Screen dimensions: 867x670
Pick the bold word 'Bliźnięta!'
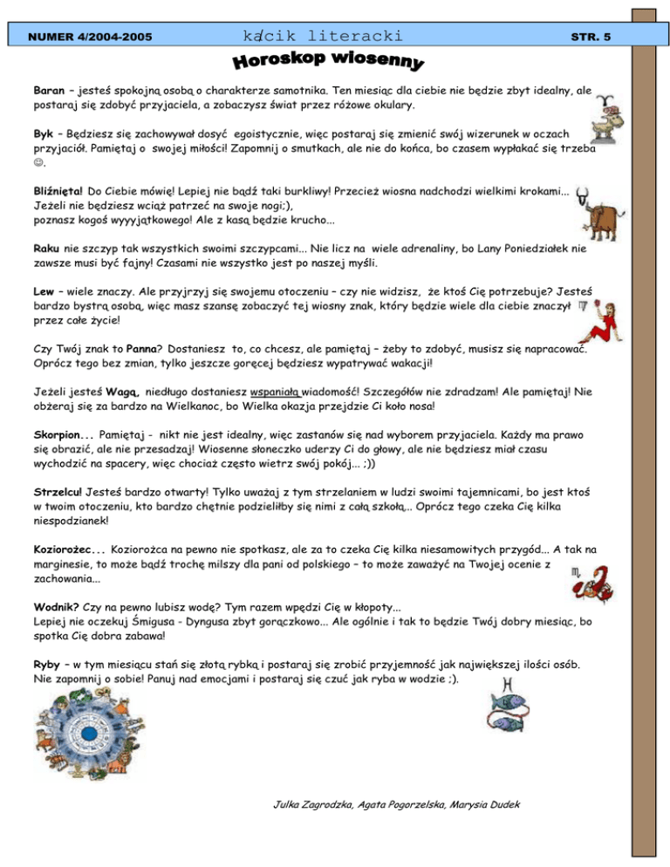(x=58, y=190)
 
